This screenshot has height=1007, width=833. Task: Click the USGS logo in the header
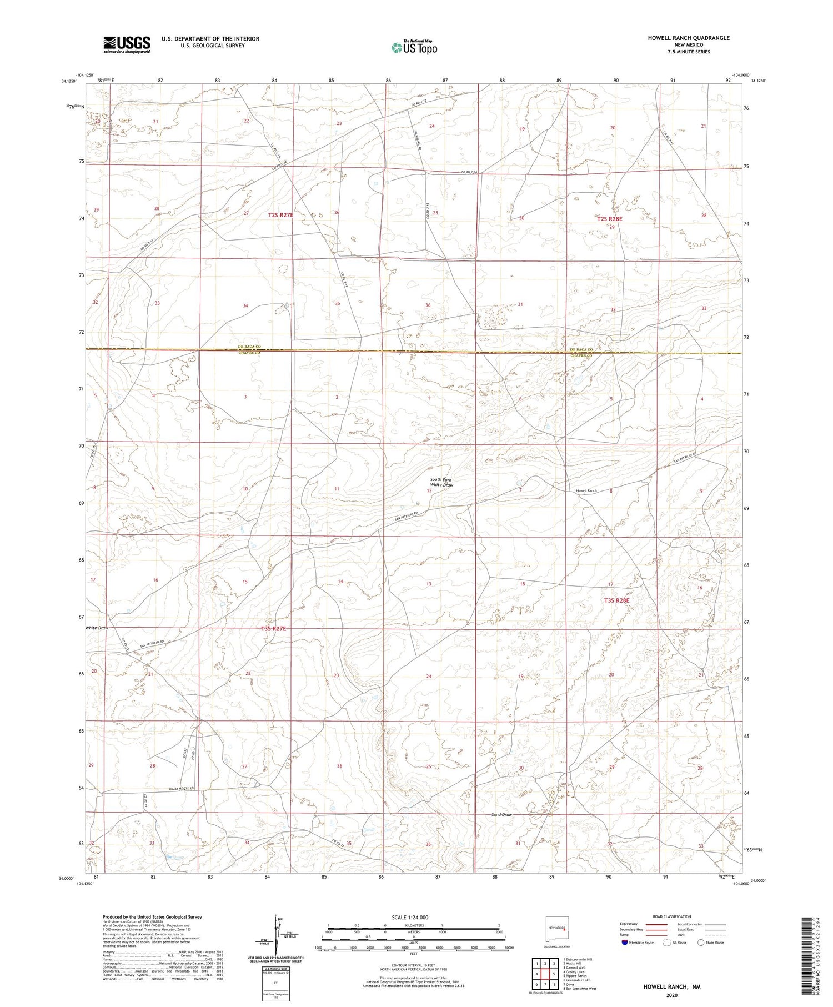(x=127, y=44)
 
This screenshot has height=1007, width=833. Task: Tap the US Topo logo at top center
(x=414, y=48)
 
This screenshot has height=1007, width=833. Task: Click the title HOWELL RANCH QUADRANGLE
(x=689, y=38)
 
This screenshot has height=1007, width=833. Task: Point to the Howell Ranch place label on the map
(x=586, y=491)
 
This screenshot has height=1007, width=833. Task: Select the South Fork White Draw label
(x=441, y=482)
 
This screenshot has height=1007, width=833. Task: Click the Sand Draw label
(x=501, y=815)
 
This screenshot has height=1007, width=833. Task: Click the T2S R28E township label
(x=610, y=219)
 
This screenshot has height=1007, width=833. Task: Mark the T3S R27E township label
(x=273, y=629)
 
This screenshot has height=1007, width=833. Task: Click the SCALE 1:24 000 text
(x=410, y=917)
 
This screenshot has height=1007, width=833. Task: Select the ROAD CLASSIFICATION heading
(x=671, y=916)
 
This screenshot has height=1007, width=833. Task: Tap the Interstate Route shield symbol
(x=625, y=943)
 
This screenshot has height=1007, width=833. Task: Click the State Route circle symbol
(x=701, y=942)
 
